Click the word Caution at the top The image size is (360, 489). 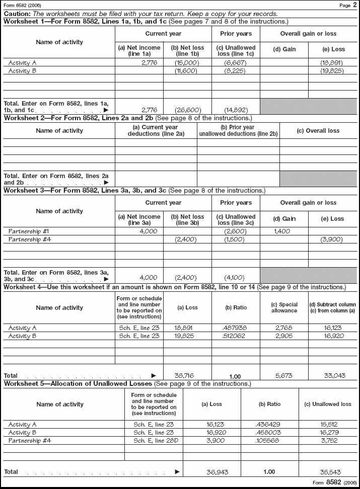point(16,14)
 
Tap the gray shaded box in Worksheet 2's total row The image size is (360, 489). point(318,179)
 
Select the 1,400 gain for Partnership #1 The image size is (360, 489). point(284,231)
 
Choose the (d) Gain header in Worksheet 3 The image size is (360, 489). point(284,219)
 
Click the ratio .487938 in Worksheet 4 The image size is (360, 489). point(235,328)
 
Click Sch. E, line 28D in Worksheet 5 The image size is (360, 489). point(154,441)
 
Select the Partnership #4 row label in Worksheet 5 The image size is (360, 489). point(30,441)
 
